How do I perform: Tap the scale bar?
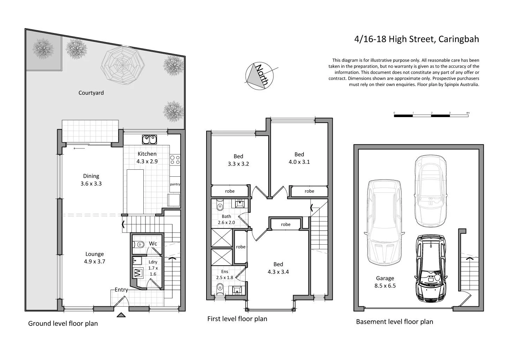coord(431,115)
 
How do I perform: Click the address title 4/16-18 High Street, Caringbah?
coord(417,39)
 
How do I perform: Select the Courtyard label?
coord(91,93)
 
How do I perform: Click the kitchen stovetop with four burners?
coord(175,160)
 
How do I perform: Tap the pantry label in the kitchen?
coord(175,184)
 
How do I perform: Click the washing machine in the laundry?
coord(137,272)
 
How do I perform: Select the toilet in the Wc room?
coord(140,244)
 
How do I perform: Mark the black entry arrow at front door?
coord(121,315)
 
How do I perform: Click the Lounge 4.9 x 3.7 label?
coord(94,258)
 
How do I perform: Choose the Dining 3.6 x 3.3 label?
coord(91,180)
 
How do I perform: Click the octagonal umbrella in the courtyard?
coord(123,65)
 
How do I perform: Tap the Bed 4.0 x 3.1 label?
coord(299,158)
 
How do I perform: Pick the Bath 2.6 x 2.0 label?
coord(226,219)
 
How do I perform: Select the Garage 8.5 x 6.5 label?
coord(385,282)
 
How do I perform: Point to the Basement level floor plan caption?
coord(394,322)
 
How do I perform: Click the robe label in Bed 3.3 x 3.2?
coord(230,191)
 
